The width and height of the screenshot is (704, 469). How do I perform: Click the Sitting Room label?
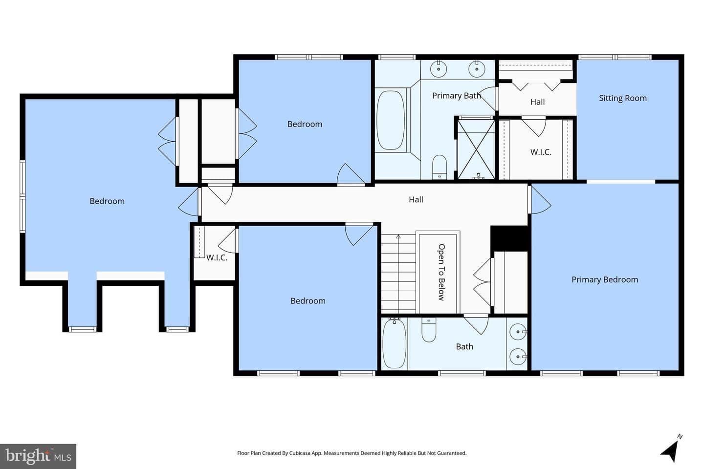623,98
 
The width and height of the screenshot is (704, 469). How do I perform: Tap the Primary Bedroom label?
605,279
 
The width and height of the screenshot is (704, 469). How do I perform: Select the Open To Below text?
441,272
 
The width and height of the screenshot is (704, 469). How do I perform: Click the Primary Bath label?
456,95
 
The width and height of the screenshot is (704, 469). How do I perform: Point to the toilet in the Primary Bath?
440,167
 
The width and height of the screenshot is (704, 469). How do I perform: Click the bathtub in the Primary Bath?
391,121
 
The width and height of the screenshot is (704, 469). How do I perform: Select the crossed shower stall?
476,149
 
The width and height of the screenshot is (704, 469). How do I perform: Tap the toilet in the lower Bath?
429,330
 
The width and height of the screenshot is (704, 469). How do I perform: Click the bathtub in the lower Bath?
395,343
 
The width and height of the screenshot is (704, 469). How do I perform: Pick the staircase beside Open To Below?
398,274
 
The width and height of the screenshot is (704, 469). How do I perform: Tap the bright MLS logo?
38,456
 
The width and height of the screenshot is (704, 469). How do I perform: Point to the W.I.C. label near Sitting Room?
541,152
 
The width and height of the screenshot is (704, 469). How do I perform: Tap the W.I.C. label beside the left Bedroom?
217,257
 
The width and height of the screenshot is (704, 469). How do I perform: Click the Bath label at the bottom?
464,346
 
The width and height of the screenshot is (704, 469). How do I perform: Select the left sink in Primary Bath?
439,69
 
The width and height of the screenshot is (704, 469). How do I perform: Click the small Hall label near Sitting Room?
537,102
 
